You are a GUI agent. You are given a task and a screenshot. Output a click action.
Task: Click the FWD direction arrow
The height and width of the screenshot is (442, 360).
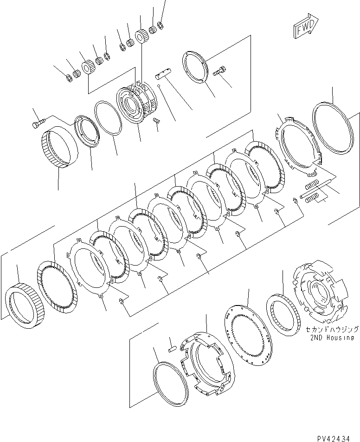click(305, 26)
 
